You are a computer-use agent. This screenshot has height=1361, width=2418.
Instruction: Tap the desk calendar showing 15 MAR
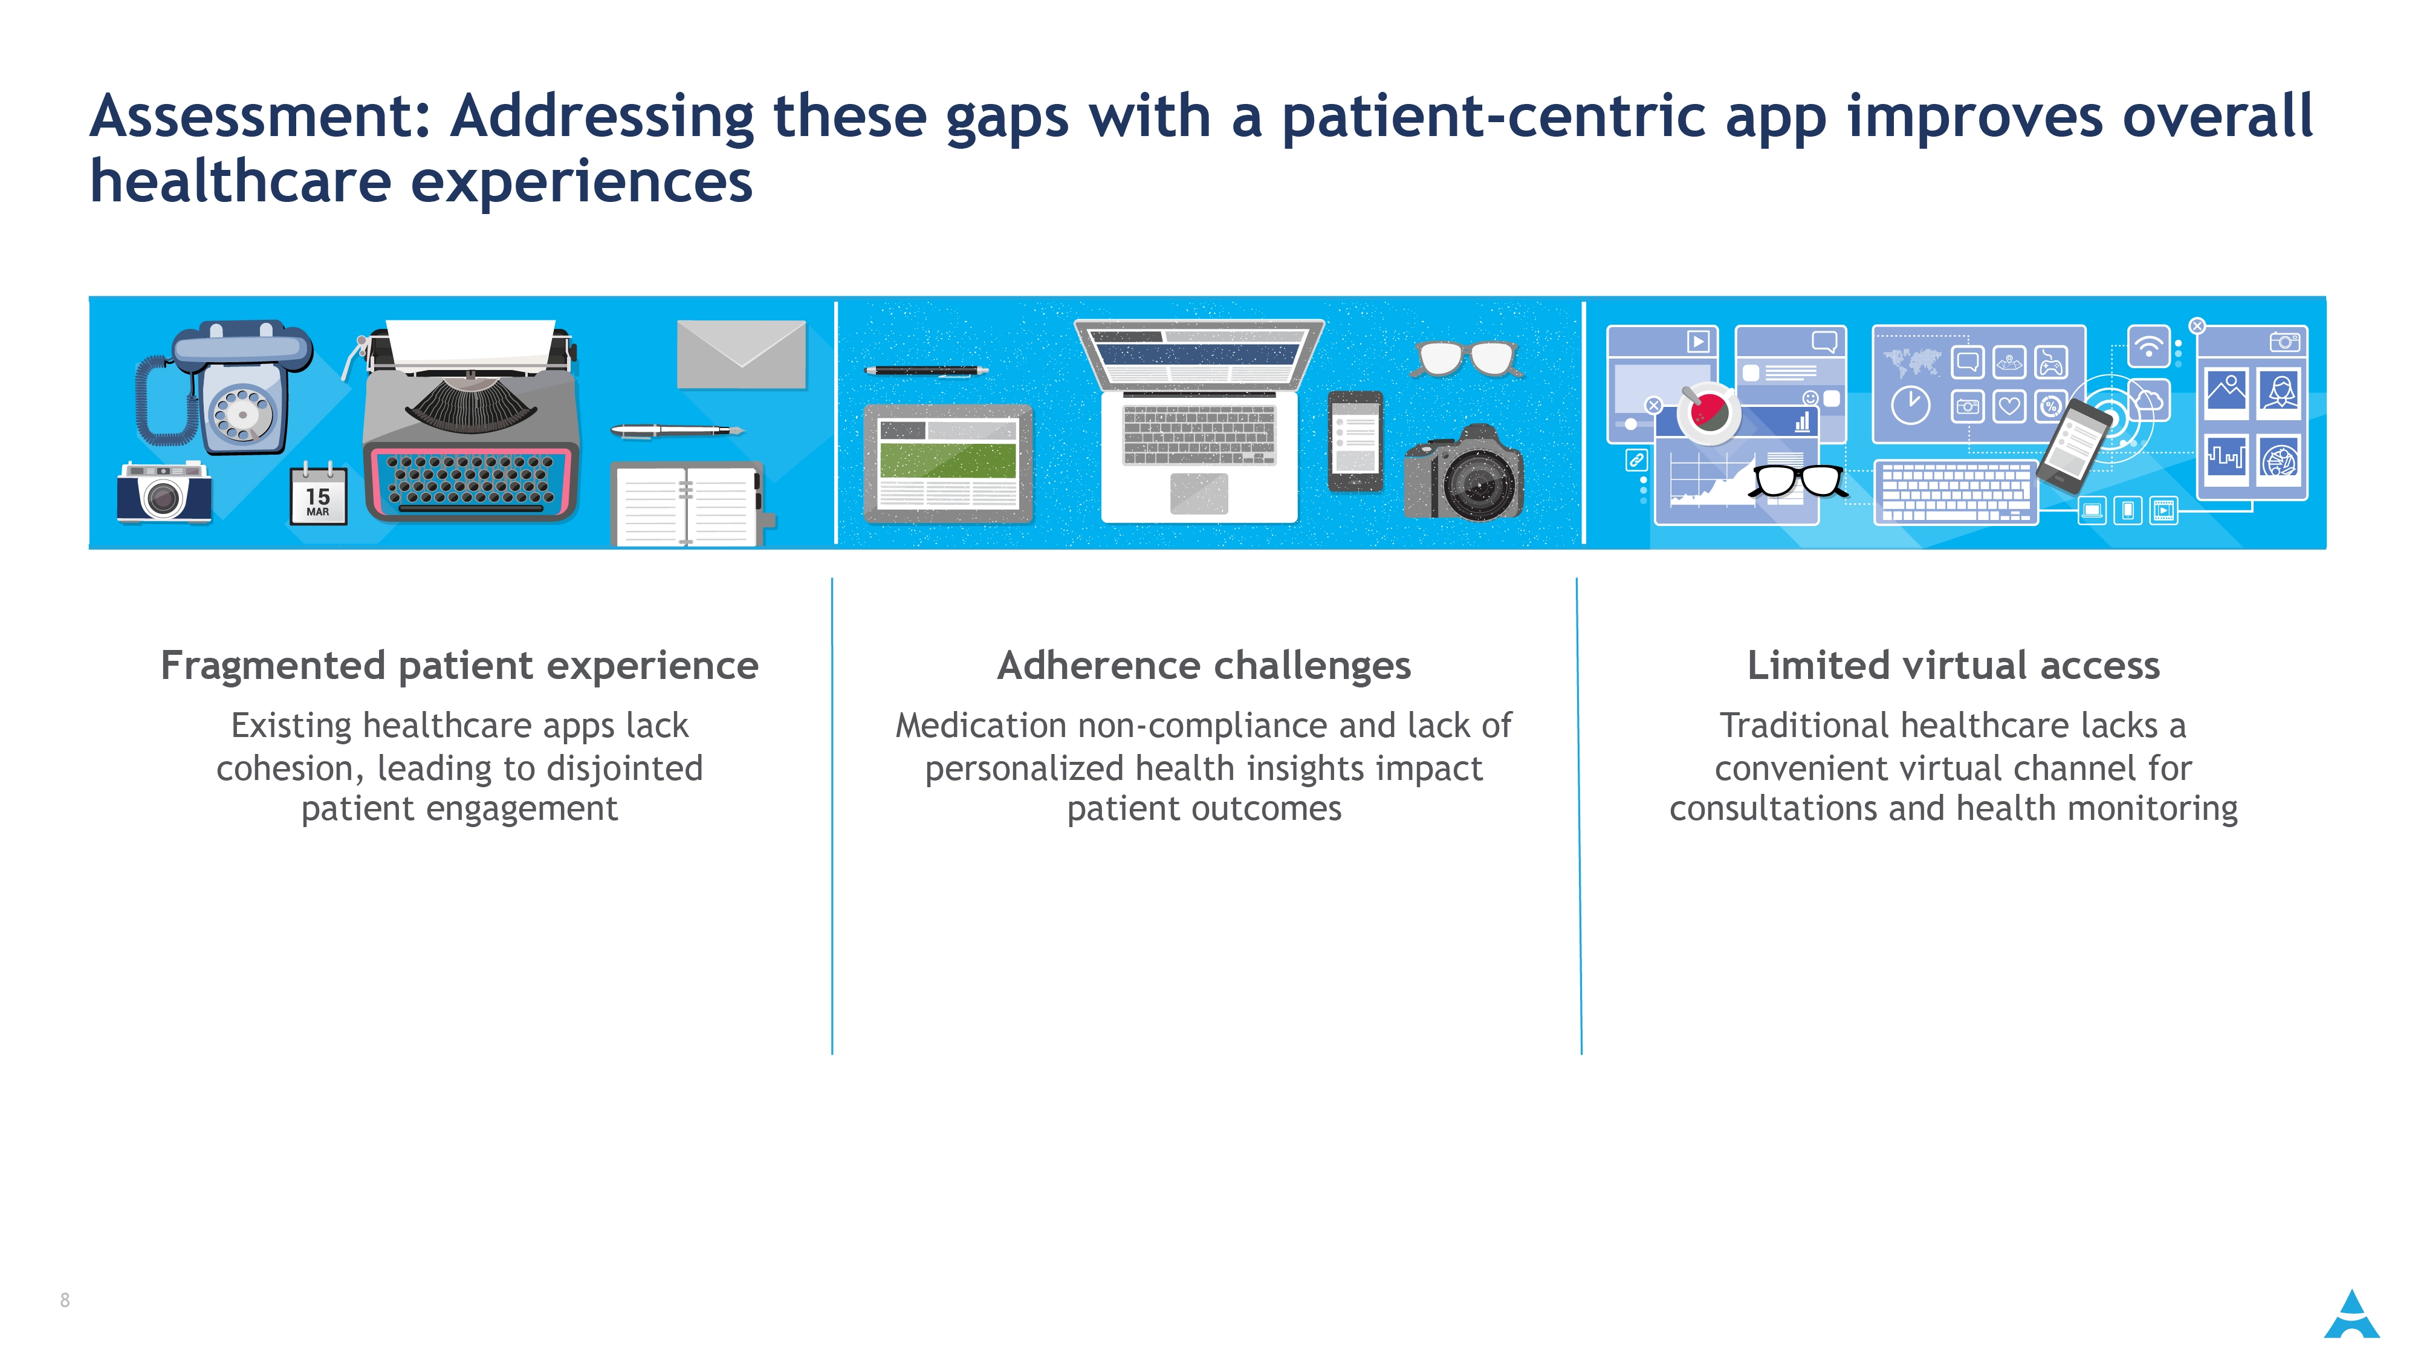tap(317, 494)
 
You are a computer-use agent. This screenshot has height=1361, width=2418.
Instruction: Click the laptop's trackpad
tap(1199, 493)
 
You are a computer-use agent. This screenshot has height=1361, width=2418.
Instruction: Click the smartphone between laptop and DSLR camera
tap(1355, 441)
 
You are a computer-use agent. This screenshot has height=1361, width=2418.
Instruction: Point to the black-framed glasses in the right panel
tap(1797, 481)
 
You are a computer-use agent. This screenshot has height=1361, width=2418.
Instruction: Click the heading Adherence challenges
tap(1204, 666)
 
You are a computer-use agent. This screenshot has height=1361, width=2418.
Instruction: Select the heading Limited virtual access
tap(1953, 666)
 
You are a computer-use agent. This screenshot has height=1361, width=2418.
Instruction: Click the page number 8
tap(65, 1300)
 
